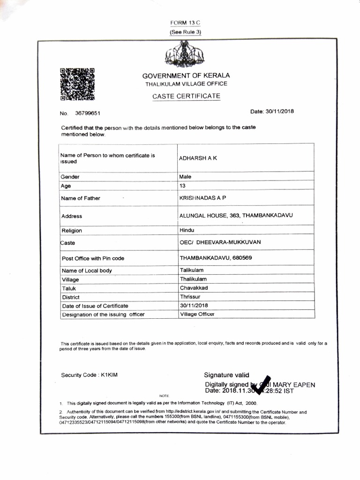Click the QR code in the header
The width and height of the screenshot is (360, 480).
coord(77,85)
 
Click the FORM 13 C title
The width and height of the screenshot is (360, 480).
coord(185,23)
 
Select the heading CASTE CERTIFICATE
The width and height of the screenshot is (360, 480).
coord(186,96)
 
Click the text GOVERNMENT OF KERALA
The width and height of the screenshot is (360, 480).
coord(186,75)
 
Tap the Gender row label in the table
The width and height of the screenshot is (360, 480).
coord(70,177)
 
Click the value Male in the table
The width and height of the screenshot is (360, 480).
coord(186,177)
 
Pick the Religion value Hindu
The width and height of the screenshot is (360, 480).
coord(187,230)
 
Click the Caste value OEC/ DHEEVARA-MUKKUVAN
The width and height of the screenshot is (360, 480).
coord(220,242)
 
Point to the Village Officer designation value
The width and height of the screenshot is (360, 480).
coord(197,314)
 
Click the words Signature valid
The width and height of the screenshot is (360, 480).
coord(226,375)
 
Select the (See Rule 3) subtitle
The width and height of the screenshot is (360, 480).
coord(185,32)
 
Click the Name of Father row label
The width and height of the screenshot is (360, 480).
coord(81,198)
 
